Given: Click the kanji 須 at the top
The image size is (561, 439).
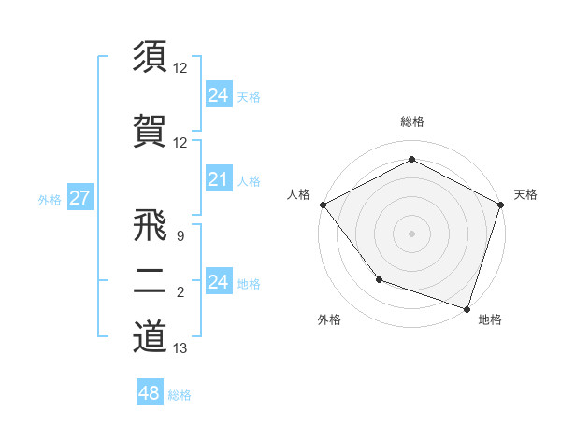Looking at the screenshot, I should tap(150, 56).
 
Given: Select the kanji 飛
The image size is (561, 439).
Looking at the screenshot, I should tap(150, 227).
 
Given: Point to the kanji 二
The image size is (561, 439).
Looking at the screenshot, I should tap(150, 282).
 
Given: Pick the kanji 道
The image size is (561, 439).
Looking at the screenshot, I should tap(150, 335).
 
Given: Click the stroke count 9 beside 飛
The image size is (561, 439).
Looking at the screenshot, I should tap(180, 237).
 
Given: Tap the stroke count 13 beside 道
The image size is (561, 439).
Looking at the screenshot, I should tap(180, 348).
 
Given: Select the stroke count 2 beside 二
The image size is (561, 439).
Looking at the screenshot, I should tap(180, 293).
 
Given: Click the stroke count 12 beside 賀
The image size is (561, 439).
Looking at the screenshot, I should tap(180, 143).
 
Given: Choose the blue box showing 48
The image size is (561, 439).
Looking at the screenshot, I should tap(150, 393).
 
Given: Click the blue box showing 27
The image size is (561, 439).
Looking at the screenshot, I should tap(79, 198).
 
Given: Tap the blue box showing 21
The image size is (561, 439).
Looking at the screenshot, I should tap(218, 179).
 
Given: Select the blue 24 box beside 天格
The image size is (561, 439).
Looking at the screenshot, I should tap(218, 95).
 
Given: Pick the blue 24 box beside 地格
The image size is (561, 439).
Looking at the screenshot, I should tap(218, 282).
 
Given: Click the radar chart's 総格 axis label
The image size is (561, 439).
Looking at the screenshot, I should tap(411, 121).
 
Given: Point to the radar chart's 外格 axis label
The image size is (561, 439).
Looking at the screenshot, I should tap(329, 319).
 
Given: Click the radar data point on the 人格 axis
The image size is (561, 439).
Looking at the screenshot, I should tap(323, 205).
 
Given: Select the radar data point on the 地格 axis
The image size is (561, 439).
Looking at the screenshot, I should tap(467, 308).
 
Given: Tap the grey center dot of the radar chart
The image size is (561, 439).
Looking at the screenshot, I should tap(411, 233).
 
